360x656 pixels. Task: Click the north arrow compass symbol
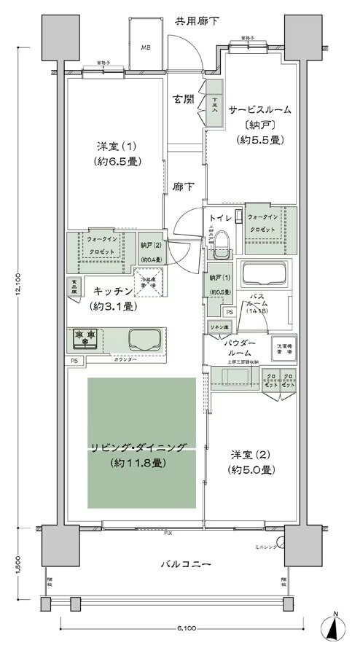334,626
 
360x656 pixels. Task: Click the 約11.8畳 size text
139,463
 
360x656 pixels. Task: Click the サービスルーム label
259,110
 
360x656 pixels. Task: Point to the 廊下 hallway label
183,187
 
